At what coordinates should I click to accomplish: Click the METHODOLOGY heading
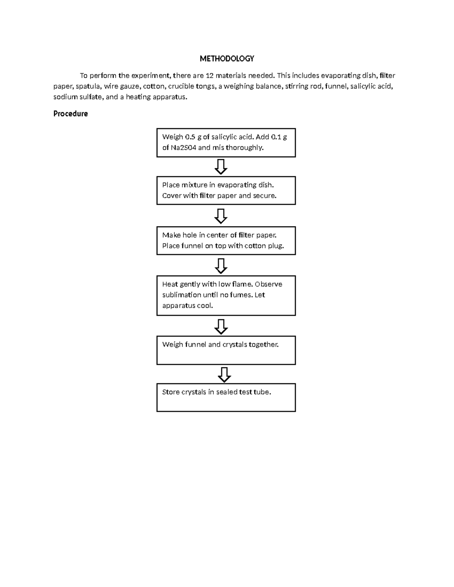227,59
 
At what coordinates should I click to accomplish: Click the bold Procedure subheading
70,114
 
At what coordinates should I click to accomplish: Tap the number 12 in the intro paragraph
209,76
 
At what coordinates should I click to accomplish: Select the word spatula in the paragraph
87,86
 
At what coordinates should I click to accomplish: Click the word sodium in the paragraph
64,97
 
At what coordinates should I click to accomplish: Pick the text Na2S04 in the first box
183,147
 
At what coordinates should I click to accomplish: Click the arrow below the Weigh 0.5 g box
221,167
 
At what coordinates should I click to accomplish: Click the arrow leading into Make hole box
221,216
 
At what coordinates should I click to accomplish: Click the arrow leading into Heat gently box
221,266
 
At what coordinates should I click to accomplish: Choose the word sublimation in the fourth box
182,295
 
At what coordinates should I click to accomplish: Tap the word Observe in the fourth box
268,284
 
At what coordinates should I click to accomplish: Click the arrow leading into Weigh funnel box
221,327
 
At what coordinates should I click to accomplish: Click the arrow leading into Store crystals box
224,375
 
